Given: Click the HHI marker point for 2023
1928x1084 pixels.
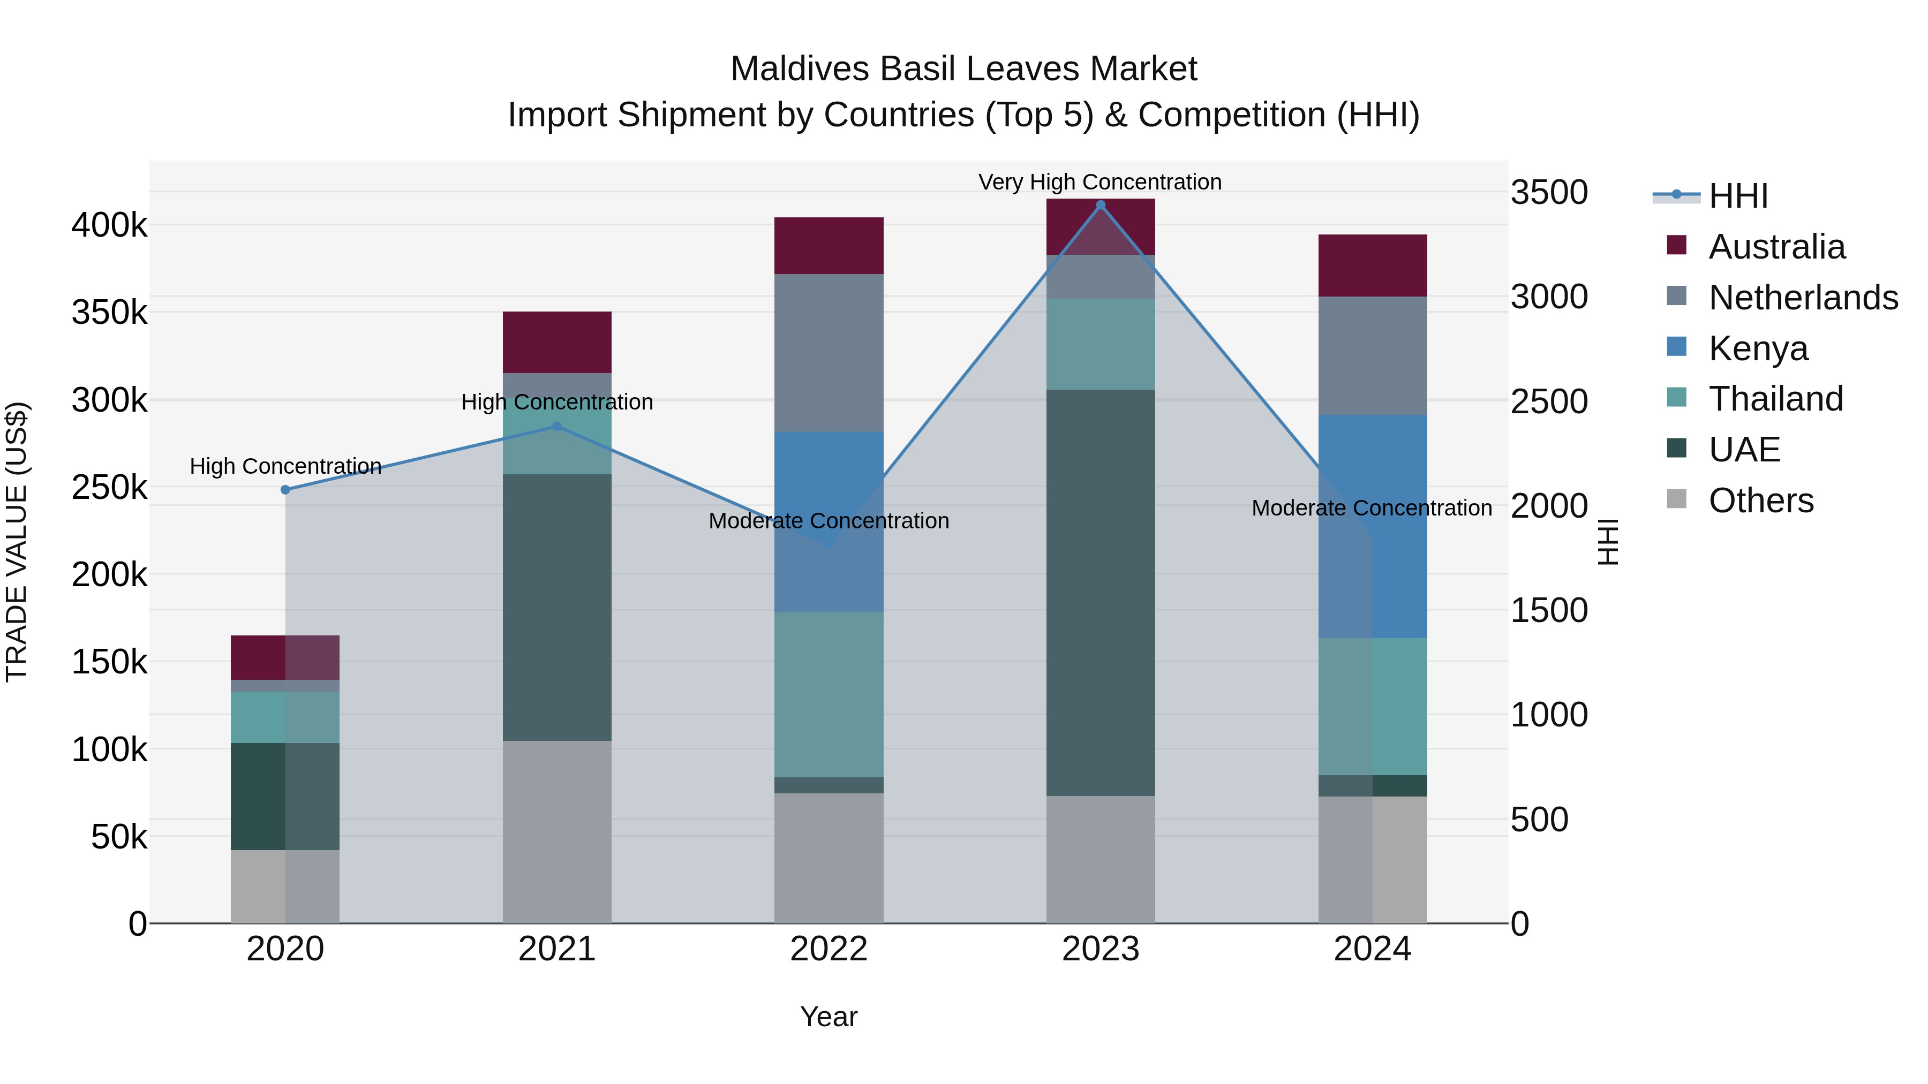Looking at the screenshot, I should pos(1100,205).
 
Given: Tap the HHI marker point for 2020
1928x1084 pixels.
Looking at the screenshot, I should pos(285,490).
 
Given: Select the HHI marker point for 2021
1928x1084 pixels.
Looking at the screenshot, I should pos(557,427).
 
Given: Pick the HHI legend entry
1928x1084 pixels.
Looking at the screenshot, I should pos(1737,196).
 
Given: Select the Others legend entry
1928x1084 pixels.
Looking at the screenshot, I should pos(1760,501).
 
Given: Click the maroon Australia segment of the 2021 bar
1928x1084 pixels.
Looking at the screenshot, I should pos(557,342).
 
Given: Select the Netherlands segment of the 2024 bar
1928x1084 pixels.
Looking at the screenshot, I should pos(1372,355).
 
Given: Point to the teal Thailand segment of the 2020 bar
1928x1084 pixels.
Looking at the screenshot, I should pos(285,717).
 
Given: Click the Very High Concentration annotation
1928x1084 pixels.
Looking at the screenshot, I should pos(1099,182).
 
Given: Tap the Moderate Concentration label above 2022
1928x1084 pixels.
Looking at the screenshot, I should pos(829,521).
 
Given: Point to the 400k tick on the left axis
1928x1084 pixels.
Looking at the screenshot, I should pos(109,224).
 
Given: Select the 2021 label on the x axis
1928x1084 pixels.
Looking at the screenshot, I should pos(557,949).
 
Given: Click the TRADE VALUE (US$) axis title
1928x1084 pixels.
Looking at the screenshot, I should pos(17,542).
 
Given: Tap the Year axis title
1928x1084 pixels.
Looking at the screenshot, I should pos(829,1017).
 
